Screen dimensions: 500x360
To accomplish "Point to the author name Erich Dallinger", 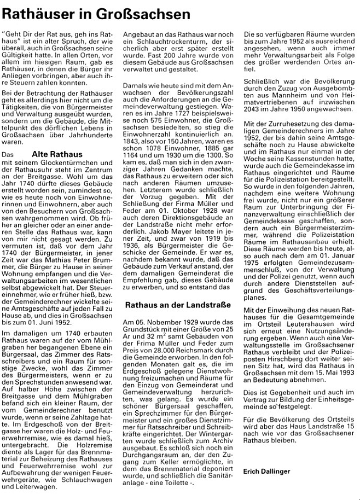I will coord(268,470).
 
